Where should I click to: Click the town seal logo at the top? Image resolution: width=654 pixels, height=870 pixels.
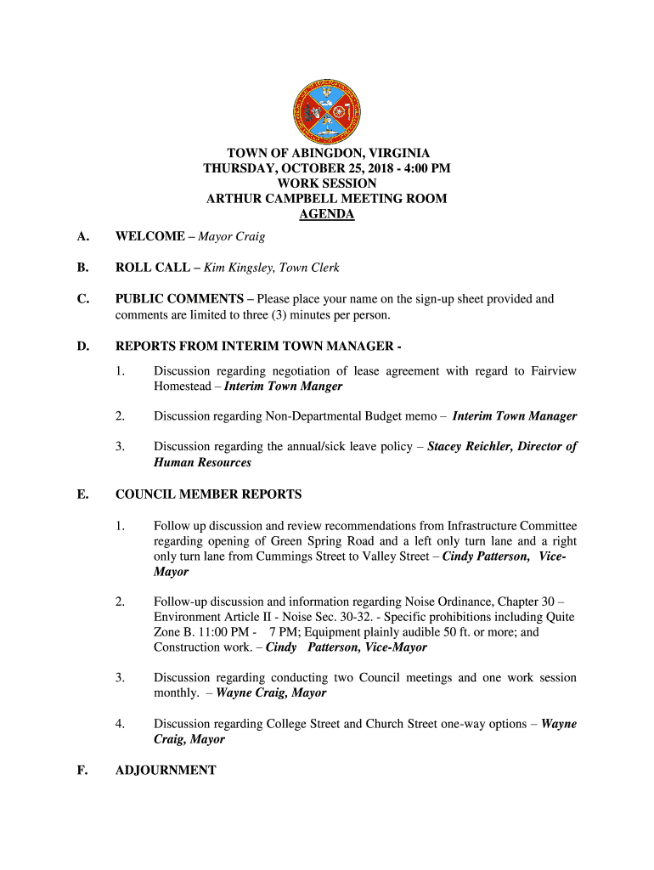click(x=327, y=109)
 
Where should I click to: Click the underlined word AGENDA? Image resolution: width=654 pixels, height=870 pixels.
click(x=327, y=214)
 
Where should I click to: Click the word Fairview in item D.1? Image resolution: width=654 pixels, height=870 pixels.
click(x=553, y=371)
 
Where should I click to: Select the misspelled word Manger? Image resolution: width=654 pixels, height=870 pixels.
click(x=322, y=387)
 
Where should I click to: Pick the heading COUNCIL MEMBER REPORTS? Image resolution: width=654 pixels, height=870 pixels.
click(x=208, y=494)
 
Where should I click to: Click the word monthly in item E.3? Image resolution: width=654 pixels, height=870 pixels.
click(x=177, y=693)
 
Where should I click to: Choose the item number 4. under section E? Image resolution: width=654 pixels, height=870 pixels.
click(x=121, y=724)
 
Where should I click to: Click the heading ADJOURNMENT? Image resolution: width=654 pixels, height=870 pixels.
click(x=166, y=770)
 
